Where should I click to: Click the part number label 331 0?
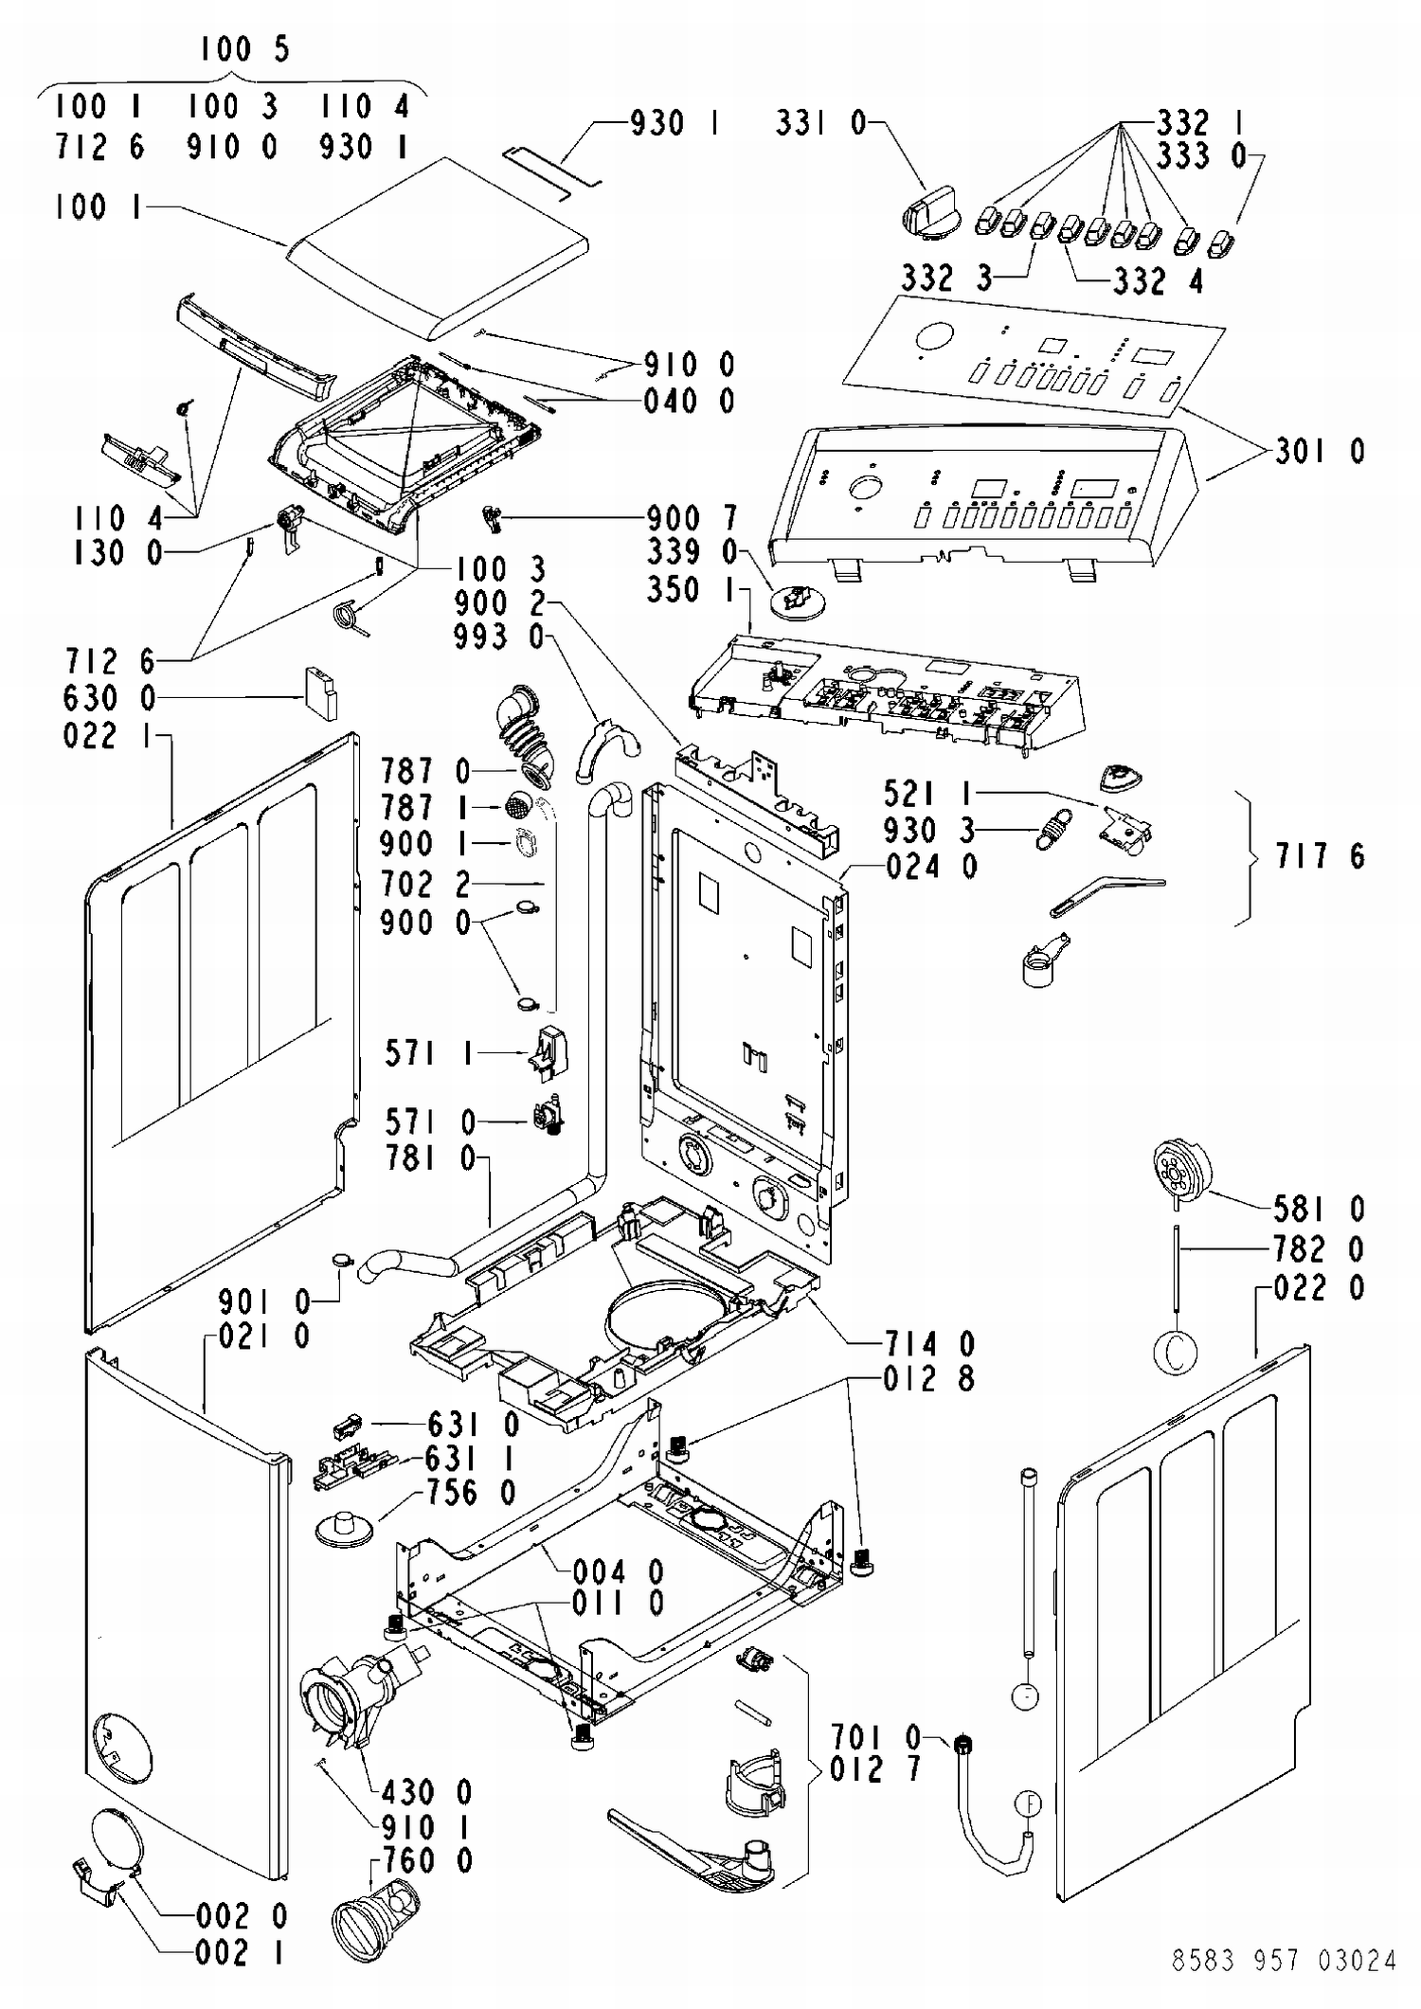point(820,123)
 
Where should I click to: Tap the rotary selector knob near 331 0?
point(930,210)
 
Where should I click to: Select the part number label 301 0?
point(1321,452)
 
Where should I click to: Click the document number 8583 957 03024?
point(1284,1960)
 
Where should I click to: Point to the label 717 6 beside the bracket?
point(1321,856)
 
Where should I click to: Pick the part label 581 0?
point(1320,1209)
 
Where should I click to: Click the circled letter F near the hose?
point(1028,1804)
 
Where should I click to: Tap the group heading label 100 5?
point(244,49)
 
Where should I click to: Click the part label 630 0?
point(109,699)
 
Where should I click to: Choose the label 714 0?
point(930,1343)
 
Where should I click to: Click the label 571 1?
point(429,1053)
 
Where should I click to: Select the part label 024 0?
point(932,867)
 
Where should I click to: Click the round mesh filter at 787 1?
point(516,807)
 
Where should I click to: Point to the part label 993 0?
point(499,637)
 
